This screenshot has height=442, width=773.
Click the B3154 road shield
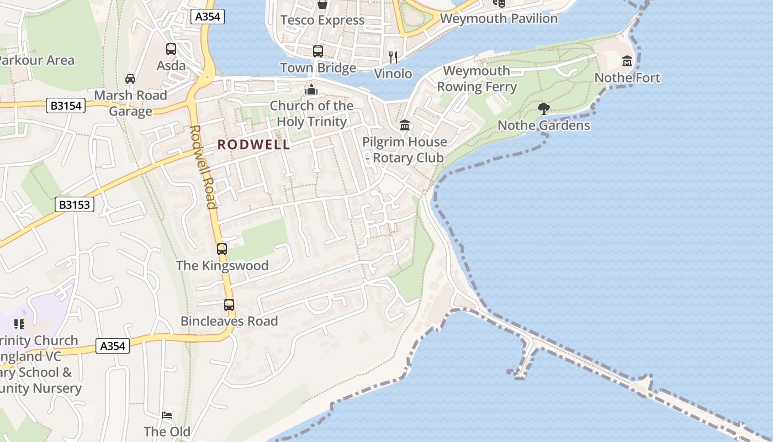click(66, 106)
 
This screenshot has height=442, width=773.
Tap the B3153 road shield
click(75, 204)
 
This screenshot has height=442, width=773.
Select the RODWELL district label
click(253, 145)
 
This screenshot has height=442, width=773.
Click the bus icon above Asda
click(171, 49)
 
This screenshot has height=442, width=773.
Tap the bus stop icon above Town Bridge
click(318, 51)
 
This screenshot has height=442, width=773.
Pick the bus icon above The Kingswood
click(222, 249)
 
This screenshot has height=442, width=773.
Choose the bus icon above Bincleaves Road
click(229, 304)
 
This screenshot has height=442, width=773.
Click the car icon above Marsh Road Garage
click(130, 79)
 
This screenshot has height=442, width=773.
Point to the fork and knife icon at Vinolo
click(393, 57)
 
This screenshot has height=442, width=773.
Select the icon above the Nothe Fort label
click(627, 61)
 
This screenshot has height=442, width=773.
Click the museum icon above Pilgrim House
click(405, 125)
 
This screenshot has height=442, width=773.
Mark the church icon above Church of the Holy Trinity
click(311, 90)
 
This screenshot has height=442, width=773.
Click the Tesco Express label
click(322, 20)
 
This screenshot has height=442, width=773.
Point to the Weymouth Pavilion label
click(499, 19)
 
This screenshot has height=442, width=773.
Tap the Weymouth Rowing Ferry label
click(476, 79)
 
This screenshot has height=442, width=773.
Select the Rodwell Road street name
click(203, 167)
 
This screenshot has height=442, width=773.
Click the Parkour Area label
click(36, 60)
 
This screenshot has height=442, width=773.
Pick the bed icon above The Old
click(167, 415)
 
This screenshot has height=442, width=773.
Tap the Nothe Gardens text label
click(544, 125)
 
